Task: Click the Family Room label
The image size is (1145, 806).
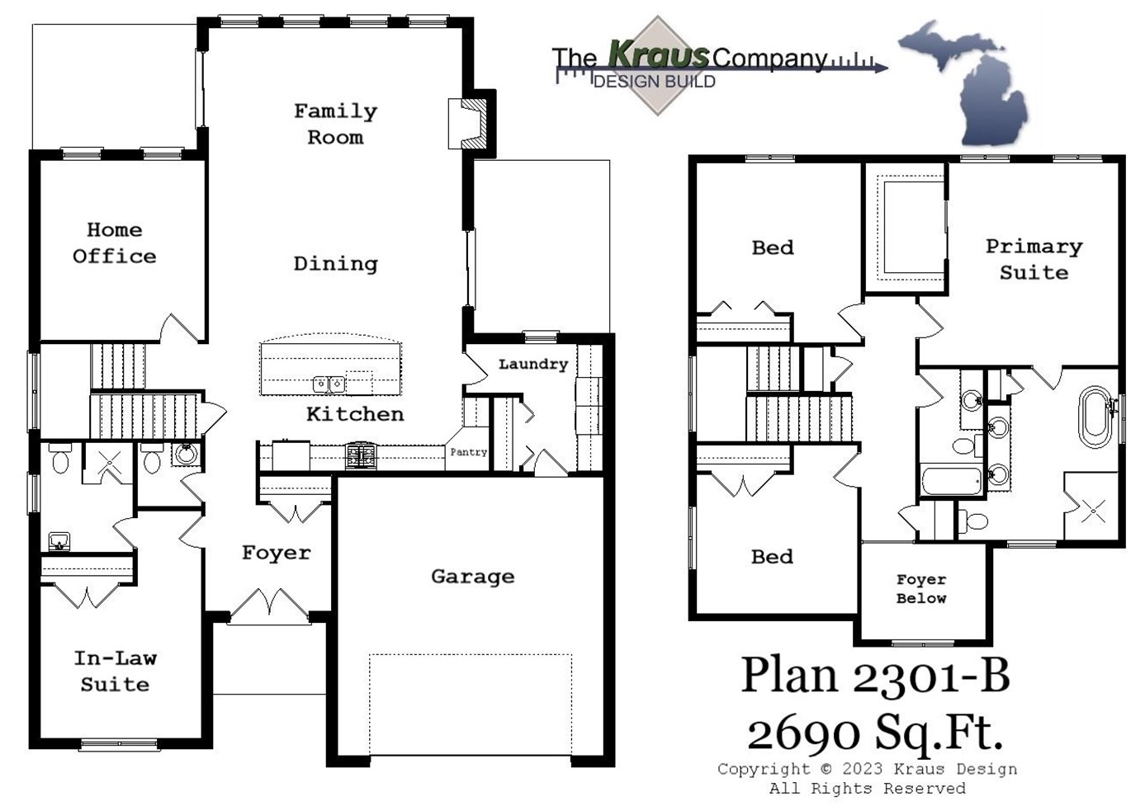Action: pos(335,124)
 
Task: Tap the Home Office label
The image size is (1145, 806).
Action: pos(114,243)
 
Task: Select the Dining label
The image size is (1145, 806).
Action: pos(335,264)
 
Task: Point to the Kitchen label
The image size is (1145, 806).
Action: pos(355,414)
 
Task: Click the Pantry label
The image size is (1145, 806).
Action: pos(468,452)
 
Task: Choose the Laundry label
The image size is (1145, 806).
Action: pos(532,364)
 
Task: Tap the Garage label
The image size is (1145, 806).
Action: pos(472,577)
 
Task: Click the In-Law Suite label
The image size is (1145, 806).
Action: pos(115,671)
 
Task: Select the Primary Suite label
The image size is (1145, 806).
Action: pos(1034,259)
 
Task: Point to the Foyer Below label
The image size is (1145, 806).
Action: pos(921,589)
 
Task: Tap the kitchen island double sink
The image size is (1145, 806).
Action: pos(329,384)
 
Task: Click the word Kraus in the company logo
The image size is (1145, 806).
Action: pos(659,54)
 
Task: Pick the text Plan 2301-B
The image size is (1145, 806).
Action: pos(875,675)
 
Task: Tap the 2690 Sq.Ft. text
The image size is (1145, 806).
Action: pos(875,731)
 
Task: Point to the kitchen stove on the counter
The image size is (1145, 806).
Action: pos(361,456)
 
